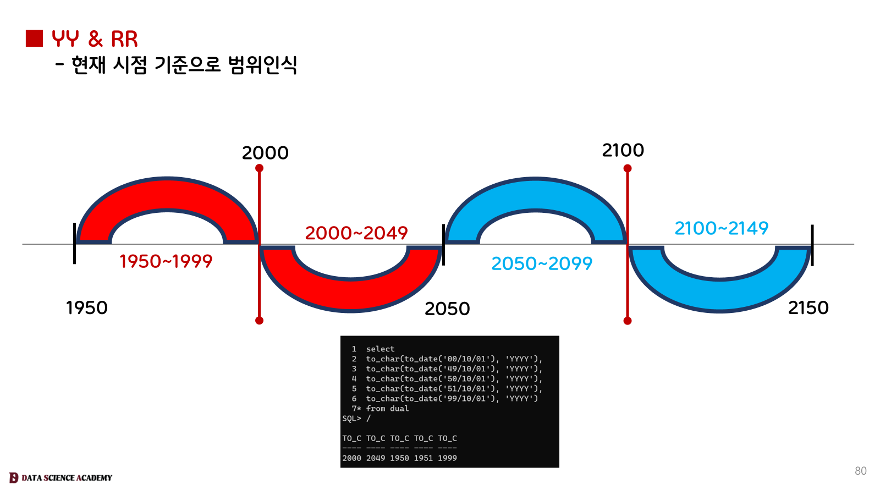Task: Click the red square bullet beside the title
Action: [34, 38]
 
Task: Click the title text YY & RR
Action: [95, 39]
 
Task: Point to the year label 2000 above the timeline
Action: [265, 153]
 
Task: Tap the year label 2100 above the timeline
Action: [623, 150]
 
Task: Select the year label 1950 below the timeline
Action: [87, 307]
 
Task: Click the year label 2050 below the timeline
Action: [447, 309]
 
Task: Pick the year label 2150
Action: [808, 307]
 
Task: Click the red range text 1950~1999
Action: [166, 261]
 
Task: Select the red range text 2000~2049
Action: [356, 233]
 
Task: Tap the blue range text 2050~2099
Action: [542, 263]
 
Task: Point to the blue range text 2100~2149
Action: [721, 228]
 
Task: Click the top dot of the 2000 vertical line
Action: [260, 168]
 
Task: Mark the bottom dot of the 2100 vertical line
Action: [628, 321]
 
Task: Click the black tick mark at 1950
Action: [74, 243]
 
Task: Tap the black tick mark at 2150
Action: [812, 245]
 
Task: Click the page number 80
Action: [860, 471]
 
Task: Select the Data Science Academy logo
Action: [61, 477]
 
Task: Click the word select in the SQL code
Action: [380, 349]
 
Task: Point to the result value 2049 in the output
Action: [376, 458]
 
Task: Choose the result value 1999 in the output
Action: [447, 458]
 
